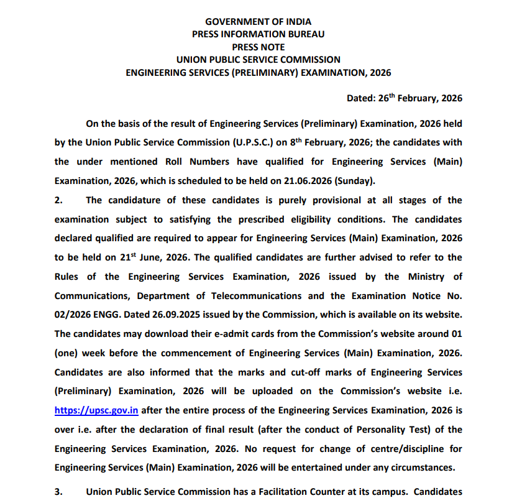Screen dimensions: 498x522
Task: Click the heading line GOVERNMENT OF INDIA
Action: (x=258, y=22)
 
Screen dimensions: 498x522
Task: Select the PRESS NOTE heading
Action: (x=258, y=47)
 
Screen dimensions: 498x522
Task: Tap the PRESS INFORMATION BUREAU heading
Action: (x=258, y=34)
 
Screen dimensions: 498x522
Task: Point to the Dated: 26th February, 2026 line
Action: (x=404, y=98)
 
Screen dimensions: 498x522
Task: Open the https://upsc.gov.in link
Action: (x=96, y=410)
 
